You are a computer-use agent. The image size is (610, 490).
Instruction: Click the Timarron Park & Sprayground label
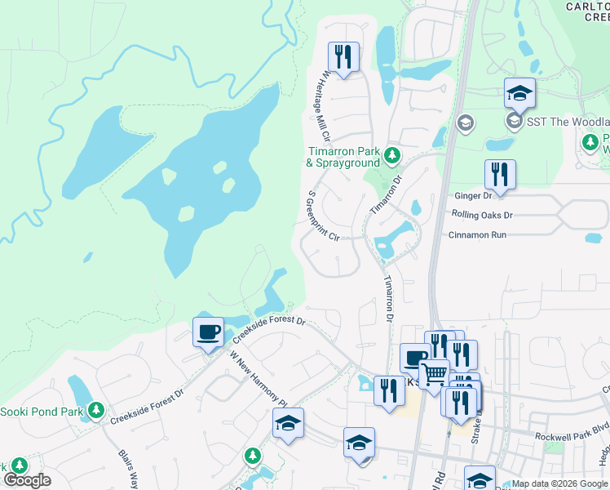pos(343,157)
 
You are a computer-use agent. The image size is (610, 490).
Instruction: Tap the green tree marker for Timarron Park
pos(393,154)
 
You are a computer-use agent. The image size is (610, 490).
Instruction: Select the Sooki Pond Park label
pos(42,412)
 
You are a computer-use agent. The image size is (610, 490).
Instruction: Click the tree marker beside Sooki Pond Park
pos(96,409)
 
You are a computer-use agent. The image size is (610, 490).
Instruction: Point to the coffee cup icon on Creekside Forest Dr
pos(207,332)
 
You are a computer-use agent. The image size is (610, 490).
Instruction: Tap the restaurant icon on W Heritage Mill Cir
pos(343,57)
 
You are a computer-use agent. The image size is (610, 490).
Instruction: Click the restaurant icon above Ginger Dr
pos(499,174)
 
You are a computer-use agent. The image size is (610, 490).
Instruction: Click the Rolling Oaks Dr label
pos(482,215)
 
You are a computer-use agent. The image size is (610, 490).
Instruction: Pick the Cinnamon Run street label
pos(478,234)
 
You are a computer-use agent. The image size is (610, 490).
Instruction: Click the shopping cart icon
pos(434,374)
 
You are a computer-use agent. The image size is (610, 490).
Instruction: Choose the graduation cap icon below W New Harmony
pos(288,423)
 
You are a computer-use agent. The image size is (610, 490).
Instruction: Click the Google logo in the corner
pos(26,480)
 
